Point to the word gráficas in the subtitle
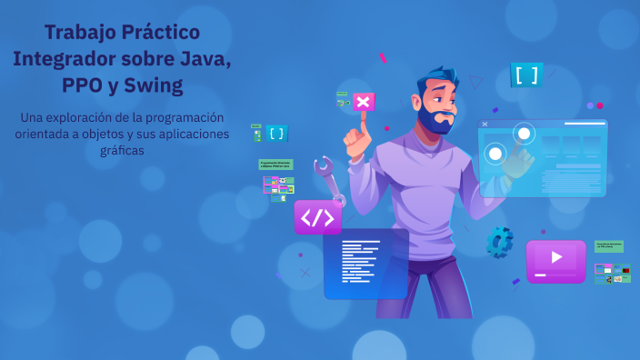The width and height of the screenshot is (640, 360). [123, 151]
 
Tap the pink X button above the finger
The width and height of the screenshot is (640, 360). [364, 101]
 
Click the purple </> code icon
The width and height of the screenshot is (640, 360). [317, 217]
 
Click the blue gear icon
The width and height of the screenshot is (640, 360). [498, 241]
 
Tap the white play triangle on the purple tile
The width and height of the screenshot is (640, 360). [556, 257]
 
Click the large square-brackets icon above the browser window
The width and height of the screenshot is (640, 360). [525, 75]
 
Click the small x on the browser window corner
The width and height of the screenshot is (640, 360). [485, 124]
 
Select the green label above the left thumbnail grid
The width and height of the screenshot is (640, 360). [276, 165]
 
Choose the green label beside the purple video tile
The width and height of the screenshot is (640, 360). [608, 246]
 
